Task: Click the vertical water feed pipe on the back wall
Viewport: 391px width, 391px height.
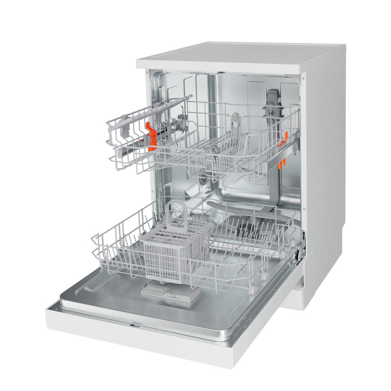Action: coord(212,102)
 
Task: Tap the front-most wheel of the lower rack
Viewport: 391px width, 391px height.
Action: coord(253,290)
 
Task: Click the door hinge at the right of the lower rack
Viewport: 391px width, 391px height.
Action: coord(301,244)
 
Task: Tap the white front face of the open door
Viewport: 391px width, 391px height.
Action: coord(156,344)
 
